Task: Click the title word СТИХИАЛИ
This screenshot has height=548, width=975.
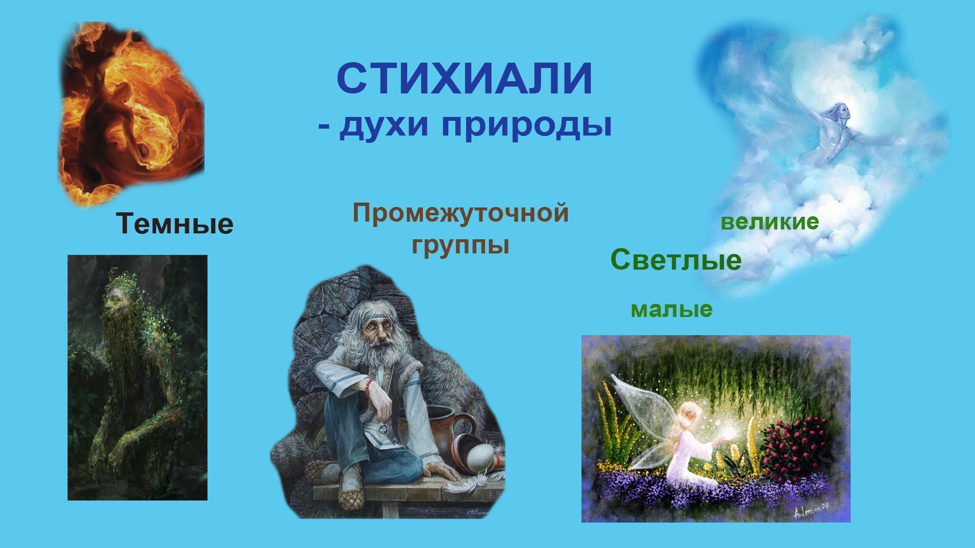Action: click(464, 78)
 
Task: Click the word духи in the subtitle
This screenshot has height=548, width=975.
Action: click(384, 125)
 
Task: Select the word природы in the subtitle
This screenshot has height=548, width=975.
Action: click(527, 125)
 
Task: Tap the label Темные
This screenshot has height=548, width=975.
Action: click(175, 224)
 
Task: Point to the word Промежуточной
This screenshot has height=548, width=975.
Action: click(461, 213)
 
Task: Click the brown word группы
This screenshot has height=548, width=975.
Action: click(460, 245)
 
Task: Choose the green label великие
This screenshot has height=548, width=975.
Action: click(770, 222)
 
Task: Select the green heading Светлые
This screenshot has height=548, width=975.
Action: click(676, 259)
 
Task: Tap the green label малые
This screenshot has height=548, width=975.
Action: click(672, 309)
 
